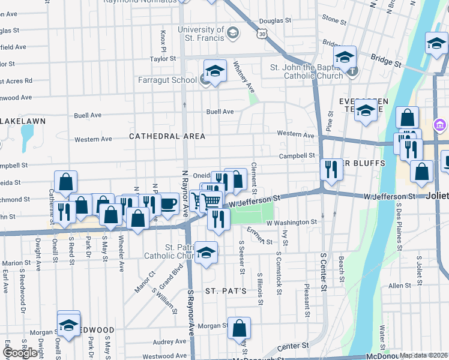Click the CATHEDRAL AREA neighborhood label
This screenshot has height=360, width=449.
tap(167, 136)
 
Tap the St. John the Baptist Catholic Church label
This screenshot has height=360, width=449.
tap(307, 71)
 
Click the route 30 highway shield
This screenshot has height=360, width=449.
tap(262, 35)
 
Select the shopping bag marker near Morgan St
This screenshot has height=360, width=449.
tap(239, 329)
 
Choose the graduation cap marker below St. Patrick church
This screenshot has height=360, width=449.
tap(206, 252)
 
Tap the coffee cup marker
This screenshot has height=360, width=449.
tap(169, 204)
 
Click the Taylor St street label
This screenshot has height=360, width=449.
tap(163, 59)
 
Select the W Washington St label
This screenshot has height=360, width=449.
tap(291, 222)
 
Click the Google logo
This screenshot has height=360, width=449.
tap(20, 353)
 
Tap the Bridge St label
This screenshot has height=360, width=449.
tap(385, 60)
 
